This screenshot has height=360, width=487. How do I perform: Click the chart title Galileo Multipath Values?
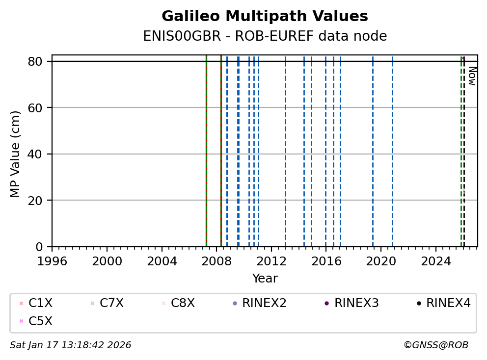point(265,16)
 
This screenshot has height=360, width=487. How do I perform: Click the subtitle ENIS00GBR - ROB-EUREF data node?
point(265,36)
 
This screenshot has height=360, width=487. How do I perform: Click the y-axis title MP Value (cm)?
point(16,154)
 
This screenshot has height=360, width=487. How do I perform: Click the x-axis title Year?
point(265,279)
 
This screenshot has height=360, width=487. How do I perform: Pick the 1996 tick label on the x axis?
point(52,261)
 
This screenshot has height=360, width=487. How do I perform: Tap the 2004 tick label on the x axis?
point(162,261)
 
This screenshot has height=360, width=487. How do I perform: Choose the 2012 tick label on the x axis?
point(271,261)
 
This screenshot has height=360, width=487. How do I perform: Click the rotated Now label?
point(472,76)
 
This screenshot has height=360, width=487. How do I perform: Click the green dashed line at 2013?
point(285,147)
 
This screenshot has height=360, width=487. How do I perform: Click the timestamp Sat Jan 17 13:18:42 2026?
point(71,345)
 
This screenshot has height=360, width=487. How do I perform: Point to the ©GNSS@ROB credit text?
point(436,345)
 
